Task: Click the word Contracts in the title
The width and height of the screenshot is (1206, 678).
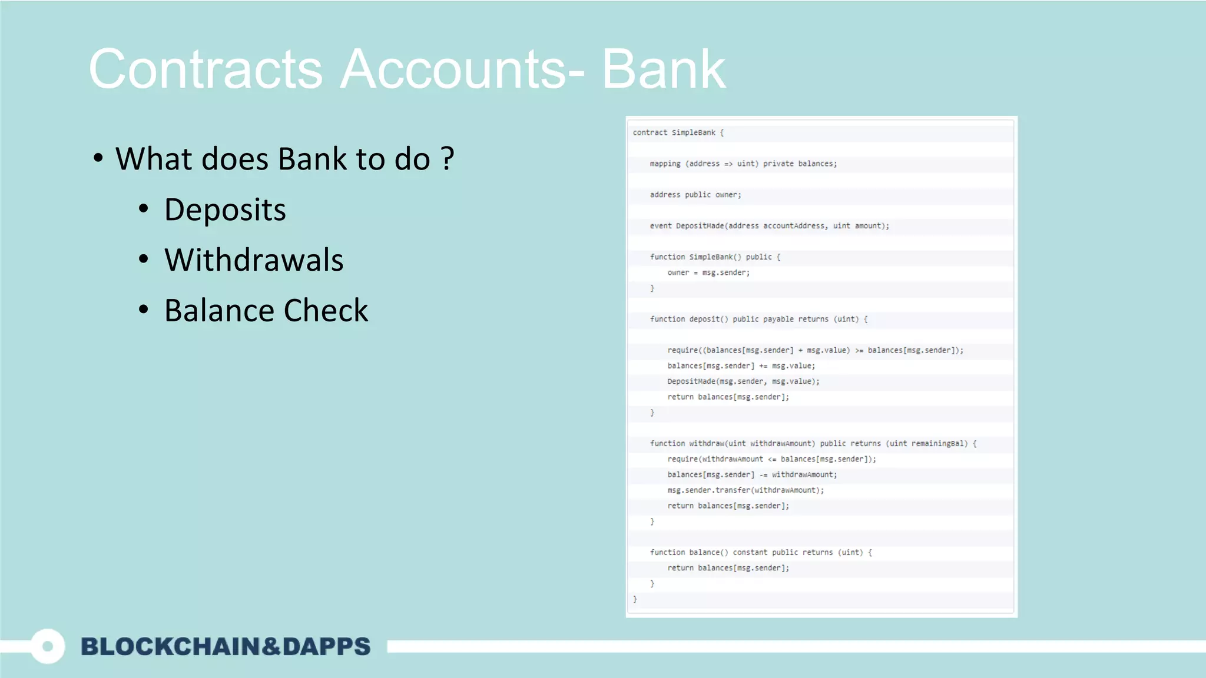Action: tap(206, 69)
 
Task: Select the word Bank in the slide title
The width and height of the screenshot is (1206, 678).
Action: tap(663, 69)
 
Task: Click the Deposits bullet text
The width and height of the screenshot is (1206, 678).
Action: tap(225, 210)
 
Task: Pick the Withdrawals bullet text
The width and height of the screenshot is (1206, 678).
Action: tap(254, 260)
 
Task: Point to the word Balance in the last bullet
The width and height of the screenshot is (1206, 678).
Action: tap(217, 311)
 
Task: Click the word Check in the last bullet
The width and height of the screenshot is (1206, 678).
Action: tap(326, 311)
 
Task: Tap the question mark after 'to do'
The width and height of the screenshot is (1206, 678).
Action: tap(448, 159)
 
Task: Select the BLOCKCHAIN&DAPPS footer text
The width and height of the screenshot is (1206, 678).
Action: tap(226, 646)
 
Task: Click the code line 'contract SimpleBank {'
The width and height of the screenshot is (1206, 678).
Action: tap(678, 132)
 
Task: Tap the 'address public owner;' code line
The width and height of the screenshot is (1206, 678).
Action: tap(695, 195)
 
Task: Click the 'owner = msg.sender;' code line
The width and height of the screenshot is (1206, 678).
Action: tap(708, 272)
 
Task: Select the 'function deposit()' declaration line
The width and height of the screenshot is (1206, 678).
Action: tap(758, 319)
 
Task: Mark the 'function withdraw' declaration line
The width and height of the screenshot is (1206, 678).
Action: tap(813, 444)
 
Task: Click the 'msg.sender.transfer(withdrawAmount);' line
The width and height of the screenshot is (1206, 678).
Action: tap(746, 490)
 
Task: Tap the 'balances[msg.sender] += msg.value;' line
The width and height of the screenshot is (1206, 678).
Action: tap(741, 365)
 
